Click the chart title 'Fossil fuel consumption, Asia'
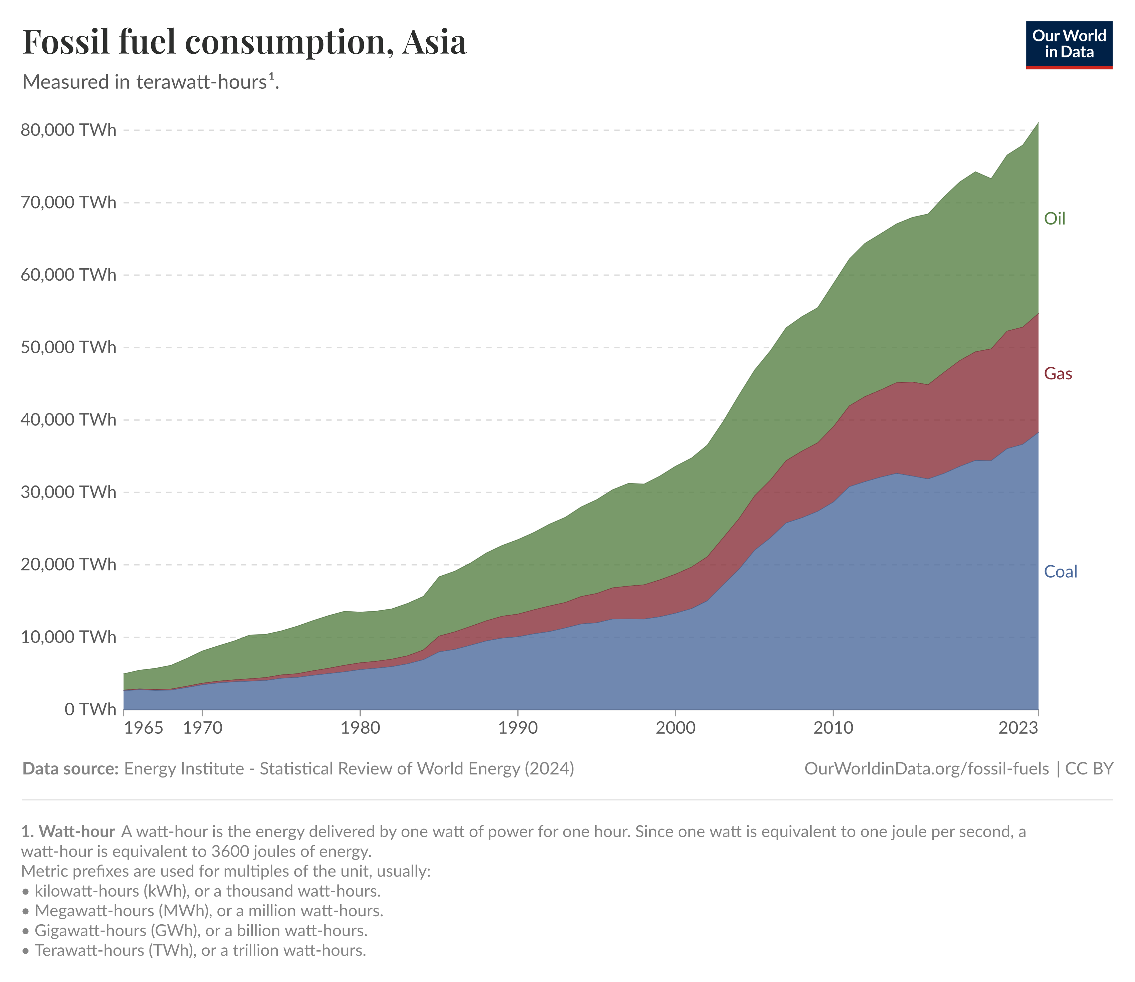pyautogui.click(x=245, y=42)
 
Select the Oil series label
pyautogui.click(x=1054, y=219)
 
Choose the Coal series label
pyautogui.click(x=1060, y=572)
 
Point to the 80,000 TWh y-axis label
pyautogui.click(x=68, y=130)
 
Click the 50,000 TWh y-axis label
pyautogui.click(x=68, y=347)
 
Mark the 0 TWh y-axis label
pyautogui.click(x=90, y=709)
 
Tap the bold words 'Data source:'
pyautogui.click(x=70, y=769)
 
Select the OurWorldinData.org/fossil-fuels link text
pyautogui.click(x=926, y=769)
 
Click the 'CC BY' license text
pyautogui.click(x=1089, y=769)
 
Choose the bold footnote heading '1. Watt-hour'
pyautogui.click(x=68, y=831)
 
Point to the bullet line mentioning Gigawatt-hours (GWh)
pyautogui.click(x=201, y=931)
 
